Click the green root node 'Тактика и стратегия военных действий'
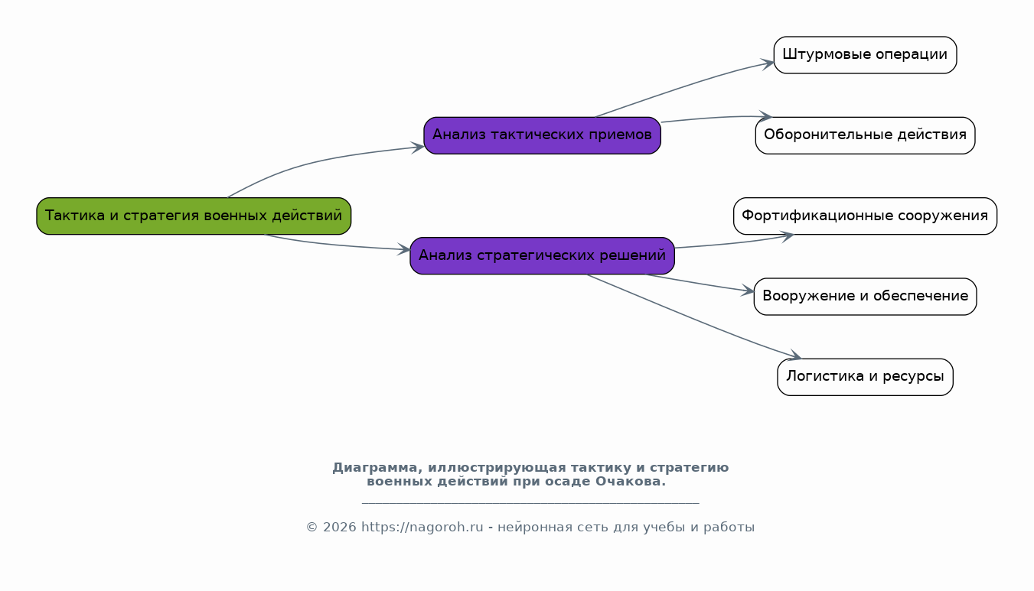pyautogui.click(x=194, y=216)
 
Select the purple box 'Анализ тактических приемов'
pyautogui.click(x=543, y=135)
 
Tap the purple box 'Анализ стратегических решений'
pyautogui.click(x=543, y=256)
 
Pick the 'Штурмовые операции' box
pyautogui.click(x=865, y=55)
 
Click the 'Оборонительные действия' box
pyautogui.click(x=865, y=135)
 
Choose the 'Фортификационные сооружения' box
pyautogui.click(x=865, y=216)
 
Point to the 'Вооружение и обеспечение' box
pyautogui.click(x=865, y=297)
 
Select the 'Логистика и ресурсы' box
pyautogui.click(x=865, y=377)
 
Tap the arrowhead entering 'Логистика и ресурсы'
pyautogui.click(x=795, y=355)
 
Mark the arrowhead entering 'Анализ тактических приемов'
pyautogui.click(x=418, y=148)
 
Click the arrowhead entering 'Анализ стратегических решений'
pyautogui.click(x=404, y=249)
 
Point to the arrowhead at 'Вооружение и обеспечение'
pyautogui.click(x=748, y=291)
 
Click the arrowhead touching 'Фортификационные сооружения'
pyautogui.click(x=787, y=236)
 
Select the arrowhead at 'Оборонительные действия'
pyautogui.click(x=765, y=116)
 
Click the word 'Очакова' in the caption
pyautogui.click(x=628, y=481)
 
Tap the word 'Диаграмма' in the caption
pyautogui.click(x=374, y=468)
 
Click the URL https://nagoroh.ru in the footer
pyautogui.click(x=422, y=527)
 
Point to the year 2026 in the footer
pyautogui.click(x=339, y=527)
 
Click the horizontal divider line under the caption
pyautogui.click(x=530, y=503)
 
